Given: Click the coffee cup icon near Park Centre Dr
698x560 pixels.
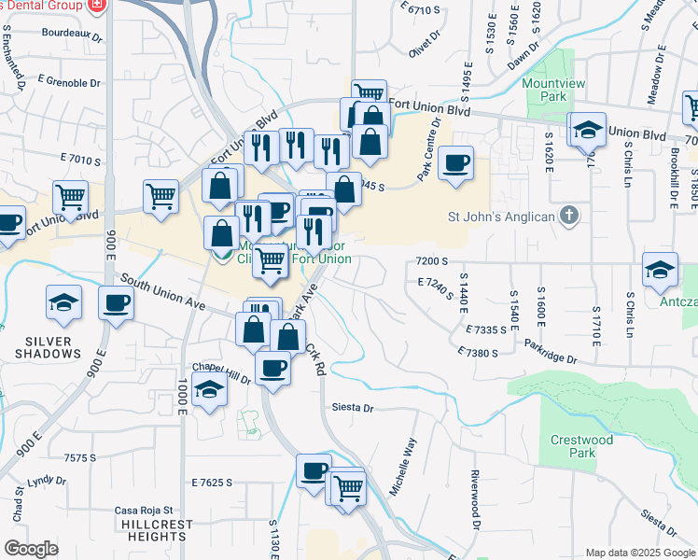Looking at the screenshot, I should tap(455, 163).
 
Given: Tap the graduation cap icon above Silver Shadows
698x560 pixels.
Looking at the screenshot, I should tap(63, 302).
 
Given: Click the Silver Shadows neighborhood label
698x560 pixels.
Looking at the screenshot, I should tap(47, 347).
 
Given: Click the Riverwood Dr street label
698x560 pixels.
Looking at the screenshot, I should tap(475, 512).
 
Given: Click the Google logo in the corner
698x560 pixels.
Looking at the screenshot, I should tap(31, 549).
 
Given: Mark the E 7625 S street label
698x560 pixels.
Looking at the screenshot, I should tap(212, 483).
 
